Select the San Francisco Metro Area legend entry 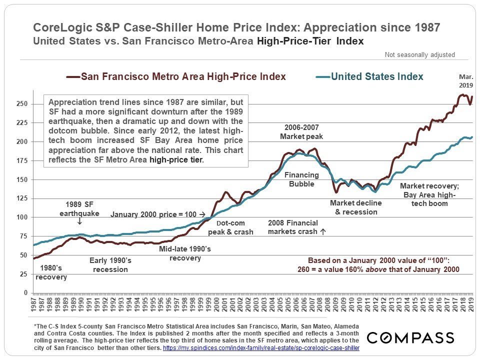[176, 76]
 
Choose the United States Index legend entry [370, 76]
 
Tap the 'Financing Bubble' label [301, 179]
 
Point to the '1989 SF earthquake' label [82, 209]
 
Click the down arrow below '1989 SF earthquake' [80, 220]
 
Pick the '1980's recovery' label [50, 272]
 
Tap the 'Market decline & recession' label [356, 207]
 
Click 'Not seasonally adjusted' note [419, 55]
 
